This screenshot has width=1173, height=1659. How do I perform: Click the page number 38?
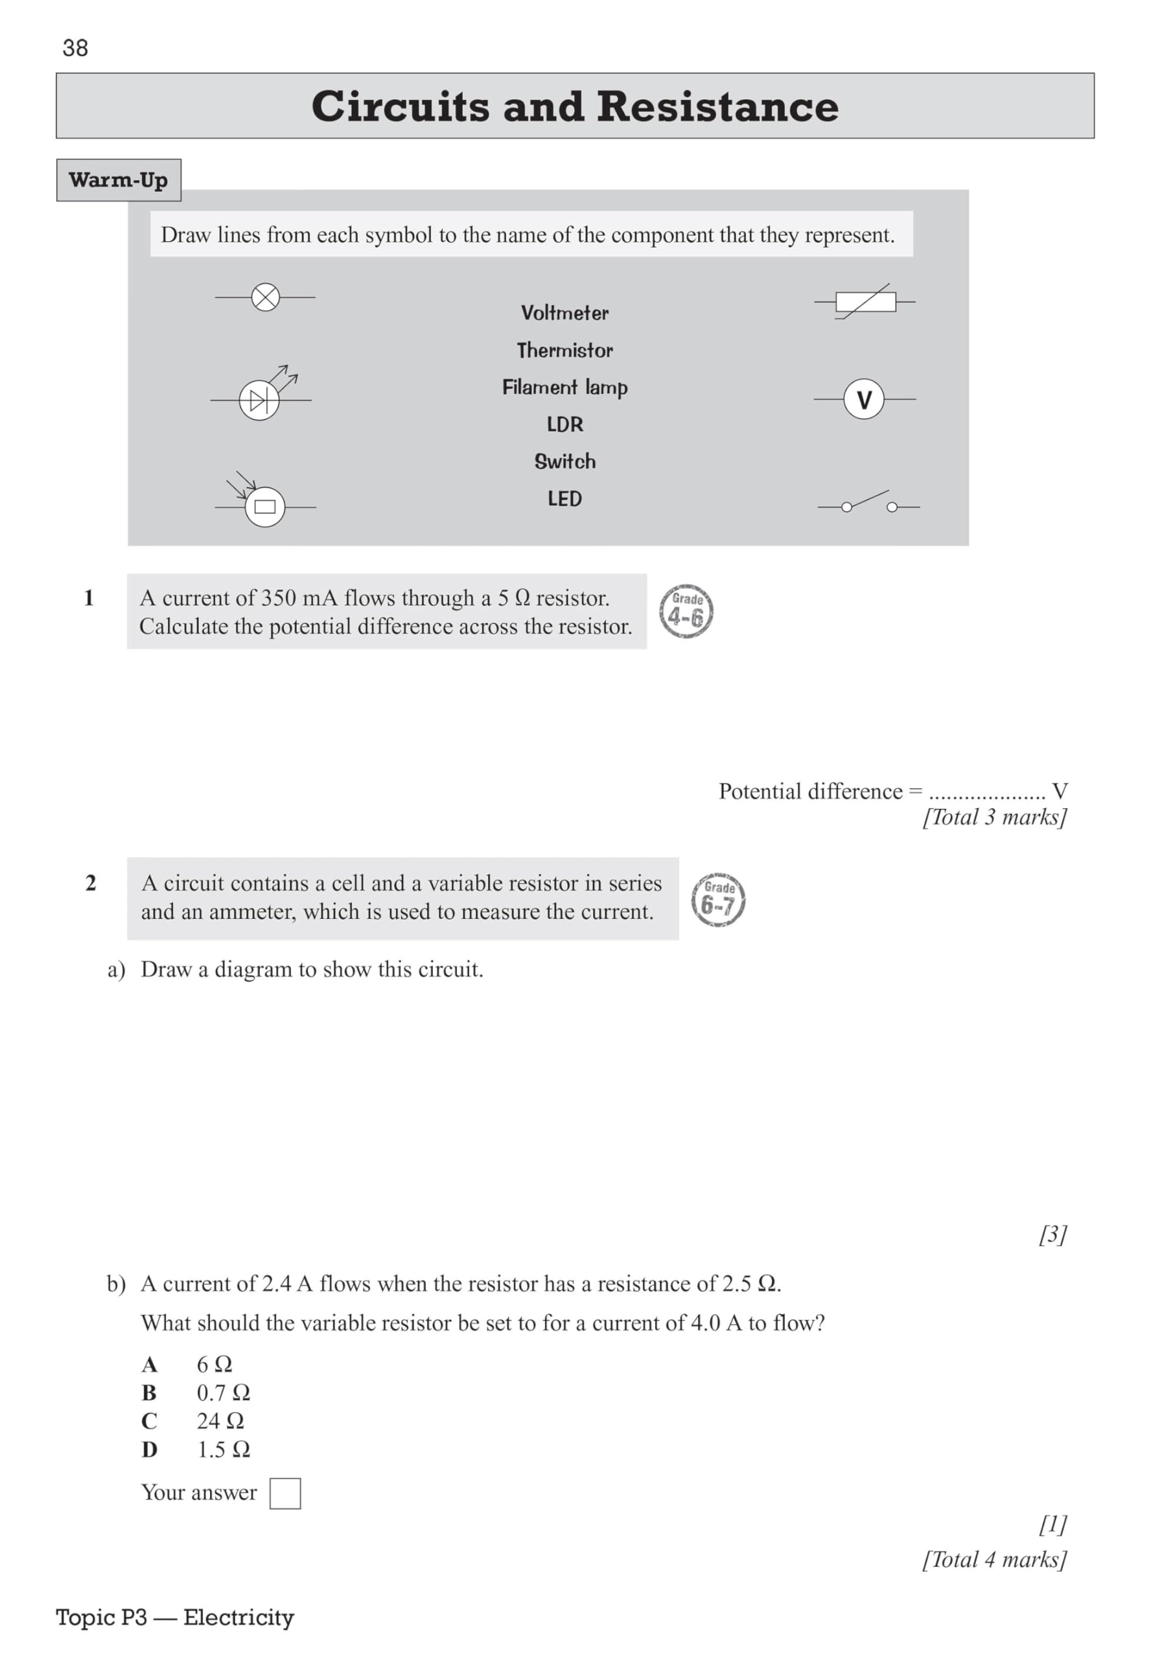(75, 48)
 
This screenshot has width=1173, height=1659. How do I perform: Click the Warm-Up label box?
(119, 180)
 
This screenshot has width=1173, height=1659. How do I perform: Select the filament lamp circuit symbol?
(265, 297)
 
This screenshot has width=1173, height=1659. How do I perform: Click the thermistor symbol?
(865, 301)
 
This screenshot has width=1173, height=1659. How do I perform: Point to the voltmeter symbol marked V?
(864, 399)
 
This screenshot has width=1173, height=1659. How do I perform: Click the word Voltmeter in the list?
(564, 313)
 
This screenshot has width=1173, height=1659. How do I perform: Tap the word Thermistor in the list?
(564, 351)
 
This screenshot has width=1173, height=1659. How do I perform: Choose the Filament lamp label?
(564, 388)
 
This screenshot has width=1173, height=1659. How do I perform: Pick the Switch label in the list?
(564, 461)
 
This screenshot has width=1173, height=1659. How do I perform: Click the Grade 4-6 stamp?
(686, 611)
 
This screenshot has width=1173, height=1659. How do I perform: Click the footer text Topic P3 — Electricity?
(175, 1617)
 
